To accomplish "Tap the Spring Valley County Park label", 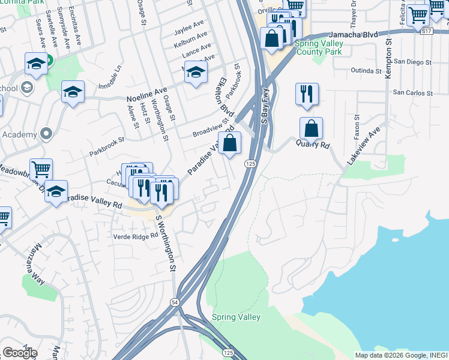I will point(319,48).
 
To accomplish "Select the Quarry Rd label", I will point(313,145).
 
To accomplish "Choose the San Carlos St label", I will point(412,94).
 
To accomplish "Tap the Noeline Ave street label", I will point(146,95).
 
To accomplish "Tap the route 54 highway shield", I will point(174,302).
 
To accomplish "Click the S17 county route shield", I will point(426,30).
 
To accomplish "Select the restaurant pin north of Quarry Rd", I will point(307,94).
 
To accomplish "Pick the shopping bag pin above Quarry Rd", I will point(311,128).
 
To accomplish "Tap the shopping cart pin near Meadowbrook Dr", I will point(41,170).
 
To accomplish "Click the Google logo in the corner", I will point(20,353).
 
